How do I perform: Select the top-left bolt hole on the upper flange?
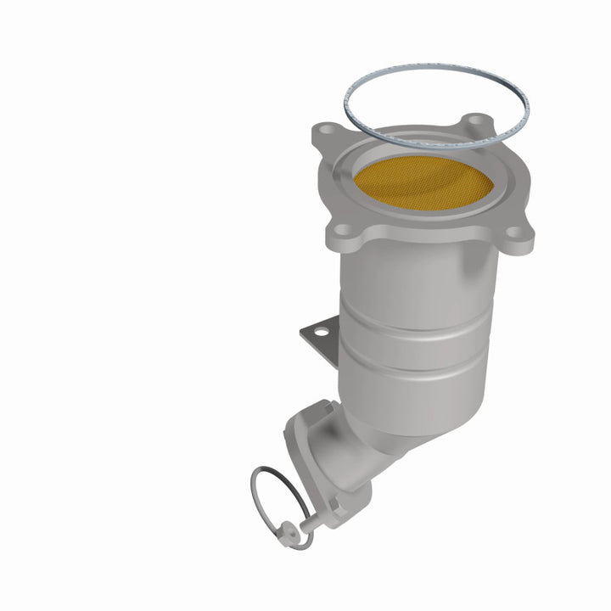[x=326, y=132]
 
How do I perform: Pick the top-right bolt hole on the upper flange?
[x=478, y=121]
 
